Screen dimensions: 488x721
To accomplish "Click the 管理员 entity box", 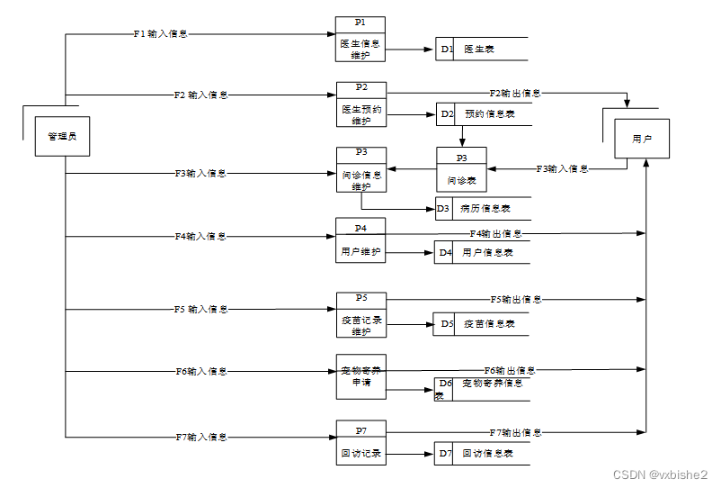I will (62, 136).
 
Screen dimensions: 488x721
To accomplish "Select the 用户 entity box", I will (642, 139).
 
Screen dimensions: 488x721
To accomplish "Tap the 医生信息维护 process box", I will (360, 40).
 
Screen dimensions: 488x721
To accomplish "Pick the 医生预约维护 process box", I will (361, 104).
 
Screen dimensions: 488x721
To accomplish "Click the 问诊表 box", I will (461, 170).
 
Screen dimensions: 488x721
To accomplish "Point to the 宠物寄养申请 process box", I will (360, 376).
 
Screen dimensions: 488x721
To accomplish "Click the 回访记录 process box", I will (360, 442).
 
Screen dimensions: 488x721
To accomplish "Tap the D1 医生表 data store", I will (481, 50).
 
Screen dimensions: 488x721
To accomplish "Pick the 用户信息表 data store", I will (482, 253).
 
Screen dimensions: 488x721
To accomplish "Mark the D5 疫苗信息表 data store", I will (482, 324).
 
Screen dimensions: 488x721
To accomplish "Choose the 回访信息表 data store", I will (482, 454).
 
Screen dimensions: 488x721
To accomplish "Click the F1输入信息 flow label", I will (160, 34).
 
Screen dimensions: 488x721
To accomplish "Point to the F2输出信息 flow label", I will (515, 93).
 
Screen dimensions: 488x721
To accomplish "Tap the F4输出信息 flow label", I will (495, 233).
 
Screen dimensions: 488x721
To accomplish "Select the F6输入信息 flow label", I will (200, 371).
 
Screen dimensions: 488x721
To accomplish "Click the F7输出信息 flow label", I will (515, 433).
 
